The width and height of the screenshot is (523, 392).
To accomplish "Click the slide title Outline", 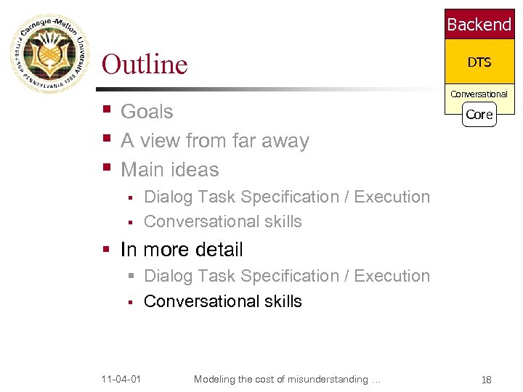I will point(145,64).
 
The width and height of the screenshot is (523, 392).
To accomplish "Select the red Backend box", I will point(479,25).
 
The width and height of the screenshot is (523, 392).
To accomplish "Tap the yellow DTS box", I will point(479,62).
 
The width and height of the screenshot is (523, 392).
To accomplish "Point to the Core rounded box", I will point(479,115).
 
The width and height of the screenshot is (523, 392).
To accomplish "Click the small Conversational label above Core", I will point(479,94).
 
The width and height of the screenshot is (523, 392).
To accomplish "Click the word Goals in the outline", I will point(147,112).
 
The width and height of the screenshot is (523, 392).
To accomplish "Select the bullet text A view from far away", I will point(214,141).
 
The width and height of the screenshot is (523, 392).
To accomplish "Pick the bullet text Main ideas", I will point(169,170).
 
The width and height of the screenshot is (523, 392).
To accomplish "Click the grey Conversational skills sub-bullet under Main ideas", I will point(222,221).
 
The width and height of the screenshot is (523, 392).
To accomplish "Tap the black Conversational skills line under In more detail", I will point(222,301).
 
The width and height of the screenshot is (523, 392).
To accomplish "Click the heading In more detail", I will point(182,250).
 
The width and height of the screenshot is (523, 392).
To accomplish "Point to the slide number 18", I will point(486,380).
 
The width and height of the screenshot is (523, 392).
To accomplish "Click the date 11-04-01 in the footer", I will point(121,380).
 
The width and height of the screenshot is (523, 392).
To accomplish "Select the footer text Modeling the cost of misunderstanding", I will point(287,380).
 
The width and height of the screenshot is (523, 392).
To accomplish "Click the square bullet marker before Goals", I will point(107,110).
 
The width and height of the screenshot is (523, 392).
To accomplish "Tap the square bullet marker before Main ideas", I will point(107,168).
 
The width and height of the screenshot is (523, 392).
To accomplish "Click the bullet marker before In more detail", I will point(107,250).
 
